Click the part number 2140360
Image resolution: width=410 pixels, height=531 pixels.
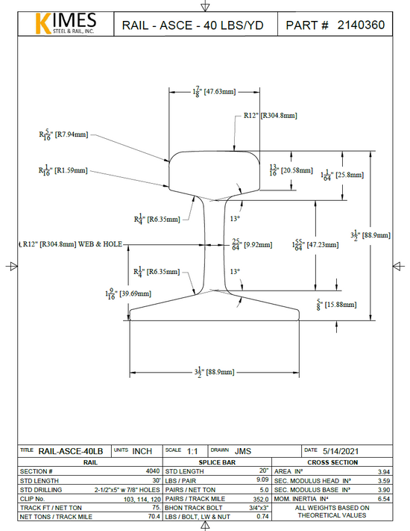click(x=361, y=25)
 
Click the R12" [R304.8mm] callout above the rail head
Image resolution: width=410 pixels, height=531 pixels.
click(x=270, y=116)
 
